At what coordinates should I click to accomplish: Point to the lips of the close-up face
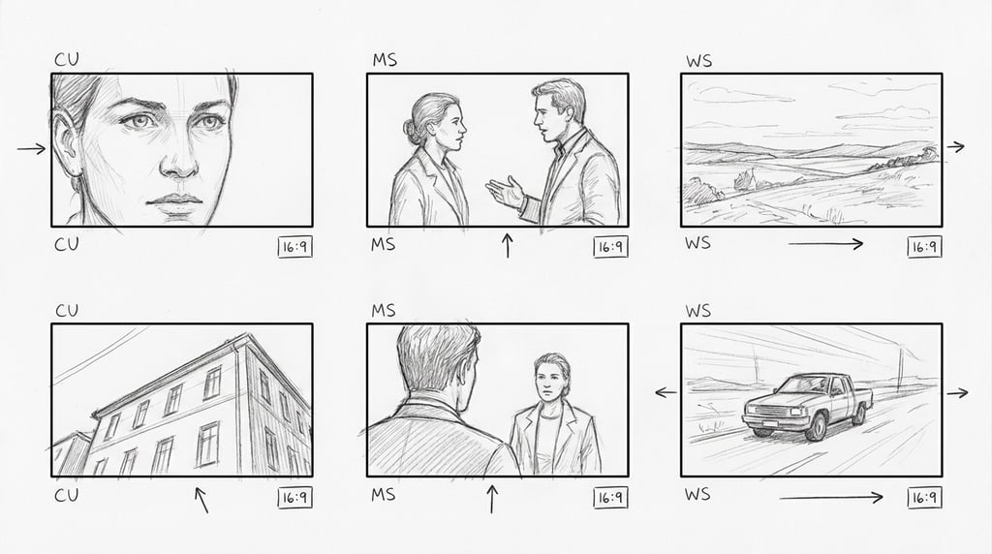point(175,202)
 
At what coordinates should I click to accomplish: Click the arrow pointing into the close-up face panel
point(31,148)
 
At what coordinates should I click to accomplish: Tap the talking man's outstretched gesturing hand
point(503,191)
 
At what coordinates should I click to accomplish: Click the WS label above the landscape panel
point(698,61)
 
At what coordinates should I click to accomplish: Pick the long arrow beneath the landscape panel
point(825,244)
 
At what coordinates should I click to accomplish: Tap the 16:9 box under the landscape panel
point(924,246)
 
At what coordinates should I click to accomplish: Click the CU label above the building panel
point(67,311)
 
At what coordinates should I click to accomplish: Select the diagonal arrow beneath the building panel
point(201,499)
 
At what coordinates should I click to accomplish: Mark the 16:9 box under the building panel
point(294,498)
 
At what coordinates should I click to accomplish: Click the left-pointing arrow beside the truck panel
point(666,392)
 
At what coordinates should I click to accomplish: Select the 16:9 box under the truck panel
point(924,498)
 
